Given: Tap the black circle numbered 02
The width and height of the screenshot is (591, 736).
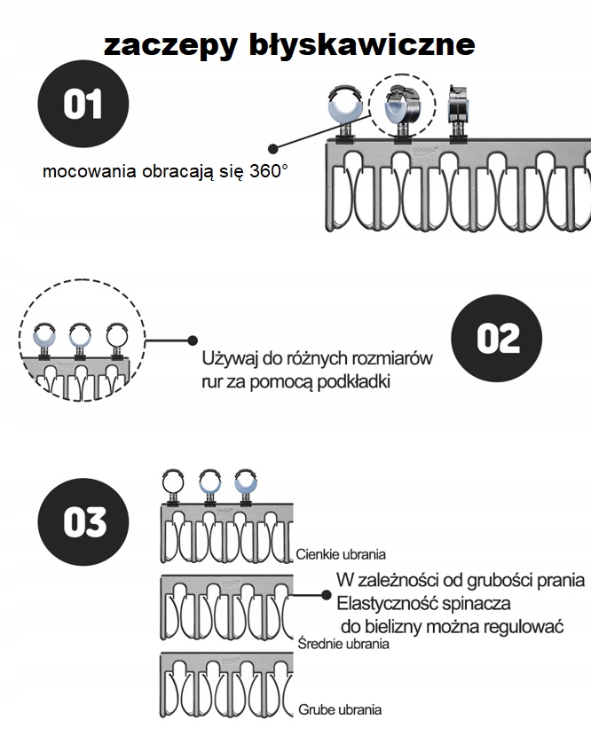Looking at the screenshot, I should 496,338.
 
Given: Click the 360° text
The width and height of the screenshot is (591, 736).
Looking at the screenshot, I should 269,171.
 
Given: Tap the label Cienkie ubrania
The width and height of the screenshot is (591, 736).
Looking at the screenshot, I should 342,554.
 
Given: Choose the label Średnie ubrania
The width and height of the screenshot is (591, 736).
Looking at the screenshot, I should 343,645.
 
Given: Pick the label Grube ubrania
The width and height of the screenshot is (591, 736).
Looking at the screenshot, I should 340,709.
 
